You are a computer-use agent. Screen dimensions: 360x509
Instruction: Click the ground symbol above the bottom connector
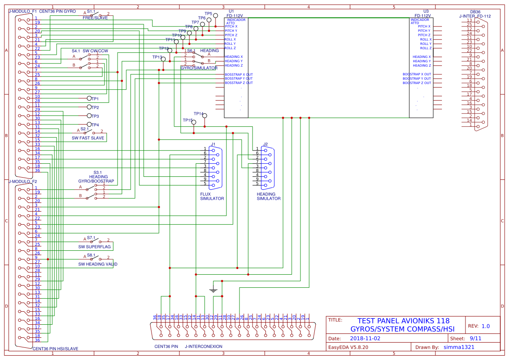213,289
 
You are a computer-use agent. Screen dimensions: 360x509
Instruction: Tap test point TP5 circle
216,15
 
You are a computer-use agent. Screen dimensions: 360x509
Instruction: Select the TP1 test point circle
89,99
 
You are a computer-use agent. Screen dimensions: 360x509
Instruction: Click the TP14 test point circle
205,116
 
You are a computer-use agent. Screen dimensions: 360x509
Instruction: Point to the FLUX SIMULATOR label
212,196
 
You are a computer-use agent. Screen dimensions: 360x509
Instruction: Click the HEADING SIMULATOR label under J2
269,196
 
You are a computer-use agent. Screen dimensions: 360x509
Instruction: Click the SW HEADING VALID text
98,264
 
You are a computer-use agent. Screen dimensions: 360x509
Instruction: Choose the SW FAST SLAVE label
88,138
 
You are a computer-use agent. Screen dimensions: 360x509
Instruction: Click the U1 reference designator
231,11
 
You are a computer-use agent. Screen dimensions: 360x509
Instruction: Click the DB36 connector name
475,12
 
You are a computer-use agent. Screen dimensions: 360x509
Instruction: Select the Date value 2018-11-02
365,338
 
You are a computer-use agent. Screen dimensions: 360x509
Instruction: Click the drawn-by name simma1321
459,347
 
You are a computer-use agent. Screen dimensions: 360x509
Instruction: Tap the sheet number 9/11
475,338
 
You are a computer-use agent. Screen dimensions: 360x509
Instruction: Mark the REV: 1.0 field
479,326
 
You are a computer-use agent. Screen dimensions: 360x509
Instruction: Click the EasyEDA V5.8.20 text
348,347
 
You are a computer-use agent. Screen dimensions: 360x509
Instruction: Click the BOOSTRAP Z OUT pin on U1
239,83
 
